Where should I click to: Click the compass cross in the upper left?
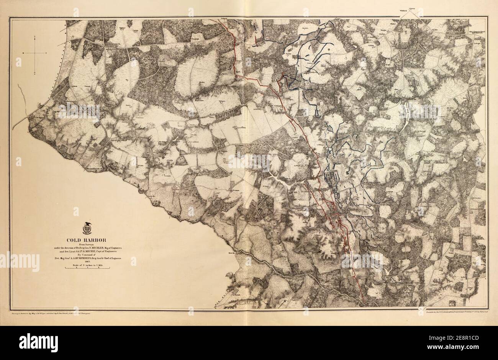(x=35, y=54)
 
